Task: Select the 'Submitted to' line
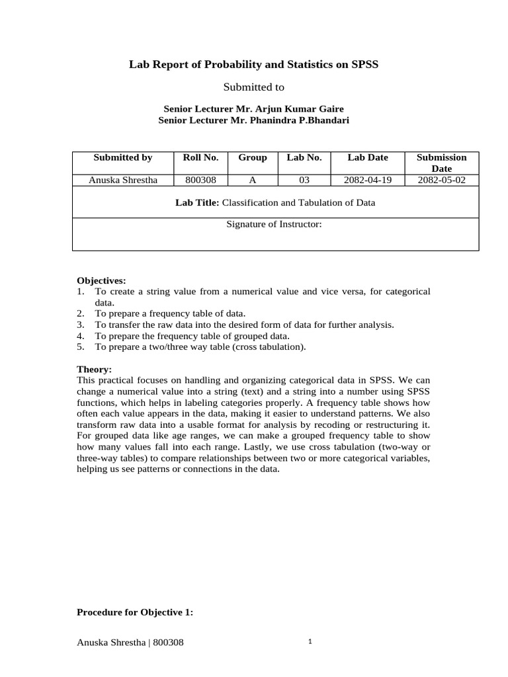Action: pos(254,87)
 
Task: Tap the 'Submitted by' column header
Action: pos(122,157)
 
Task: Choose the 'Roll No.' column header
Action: pos(200,157)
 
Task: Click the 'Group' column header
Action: pos(252,157)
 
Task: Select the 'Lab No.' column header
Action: pos(304,157)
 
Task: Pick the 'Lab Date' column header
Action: pos(368,157)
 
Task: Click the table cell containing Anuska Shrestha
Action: pos(122,179)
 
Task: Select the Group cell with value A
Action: pos(252,179)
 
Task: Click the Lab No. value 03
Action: pos(304,179)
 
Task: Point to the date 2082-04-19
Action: pos(368,179)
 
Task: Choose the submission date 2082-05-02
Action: pos(441,179)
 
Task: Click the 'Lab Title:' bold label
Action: pos(197,202)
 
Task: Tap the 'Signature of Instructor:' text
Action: pos(274,225)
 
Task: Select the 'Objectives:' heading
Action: pos(101,280)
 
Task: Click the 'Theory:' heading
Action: pos(95,369)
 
